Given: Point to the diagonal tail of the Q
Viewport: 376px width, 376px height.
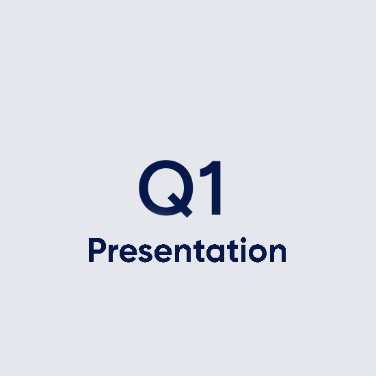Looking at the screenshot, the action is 180,205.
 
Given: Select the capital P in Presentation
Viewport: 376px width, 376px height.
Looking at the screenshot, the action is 92,250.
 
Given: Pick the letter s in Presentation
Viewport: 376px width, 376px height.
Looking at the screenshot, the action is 145,253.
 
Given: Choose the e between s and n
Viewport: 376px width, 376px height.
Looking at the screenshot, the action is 163,253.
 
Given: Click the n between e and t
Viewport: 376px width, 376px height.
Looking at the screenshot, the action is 183,252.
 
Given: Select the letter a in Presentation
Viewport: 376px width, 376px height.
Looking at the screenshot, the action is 215,253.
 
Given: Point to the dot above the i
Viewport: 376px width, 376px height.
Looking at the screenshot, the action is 243,240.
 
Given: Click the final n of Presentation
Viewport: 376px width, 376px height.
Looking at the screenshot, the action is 278,252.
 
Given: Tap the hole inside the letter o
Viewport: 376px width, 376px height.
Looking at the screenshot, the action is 258,253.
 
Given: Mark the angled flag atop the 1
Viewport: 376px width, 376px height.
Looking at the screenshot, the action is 206,170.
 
